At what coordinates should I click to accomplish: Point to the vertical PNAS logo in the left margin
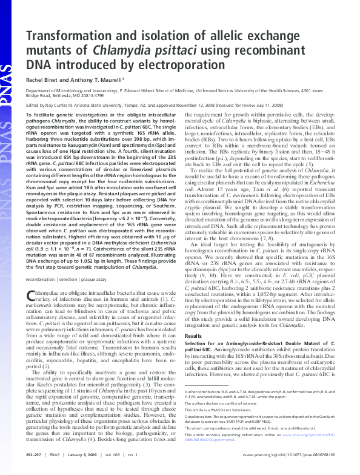tap(7, 79)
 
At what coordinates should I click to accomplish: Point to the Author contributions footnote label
tap(204, 392)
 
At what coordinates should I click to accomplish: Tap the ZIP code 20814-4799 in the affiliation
tap(101, 96)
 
